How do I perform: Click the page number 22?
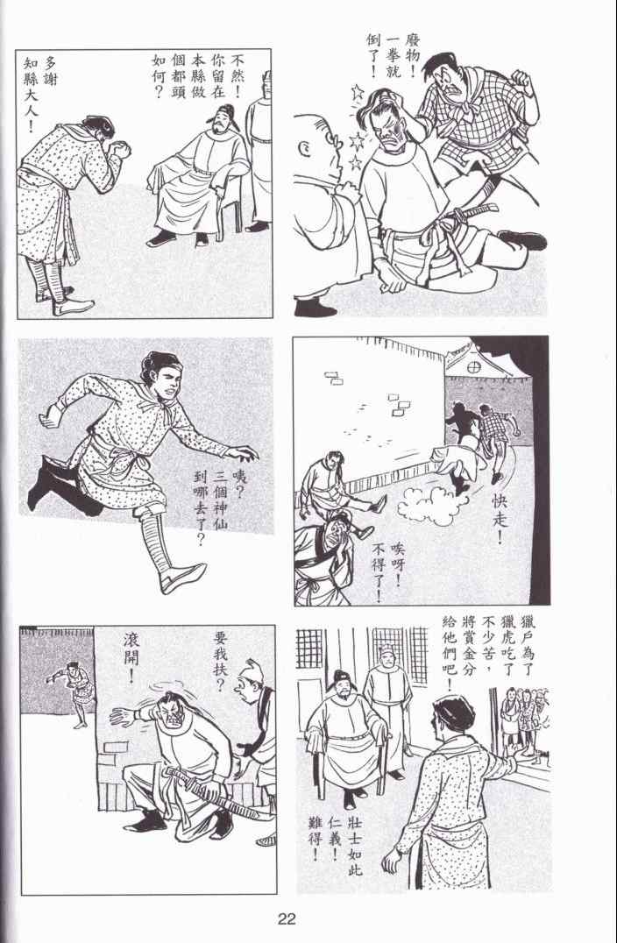point(287,918)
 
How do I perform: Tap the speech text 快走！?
point(500,519)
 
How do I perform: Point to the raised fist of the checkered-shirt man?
point(520,79)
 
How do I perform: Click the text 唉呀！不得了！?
point(388,571)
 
